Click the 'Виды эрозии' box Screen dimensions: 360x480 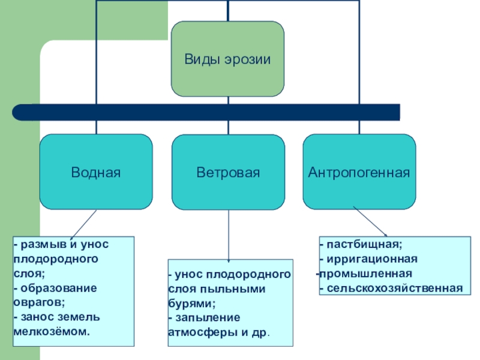click(227, 59)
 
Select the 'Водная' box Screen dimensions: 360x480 click(96, 172)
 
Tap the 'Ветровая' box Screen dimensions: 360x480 click(228, 173)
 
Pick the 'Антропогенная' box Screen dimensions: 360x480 click(359, 172)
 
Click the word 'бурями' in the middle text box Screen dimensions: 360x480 click(190, 303)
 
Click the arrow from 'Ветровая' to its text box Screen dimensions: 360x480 click(229, 234)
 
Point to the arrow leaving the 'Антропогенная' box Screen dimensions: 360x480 click(370, 221)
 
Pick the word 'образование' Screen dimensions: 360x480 click(58, 287)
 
